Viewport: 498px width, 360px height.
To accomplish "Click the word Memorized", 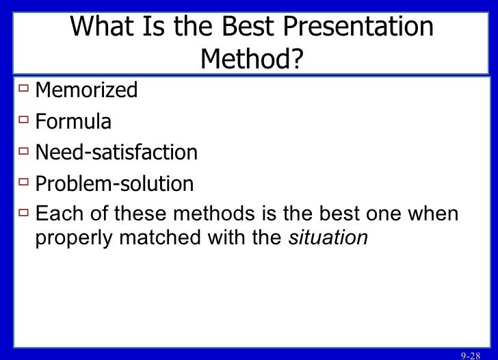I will [86, 90].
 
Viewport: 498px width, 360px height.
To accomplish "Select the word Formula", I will [73, 122].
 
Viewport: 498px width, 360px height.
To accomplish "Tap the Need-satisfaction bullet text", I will [116, 153].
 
